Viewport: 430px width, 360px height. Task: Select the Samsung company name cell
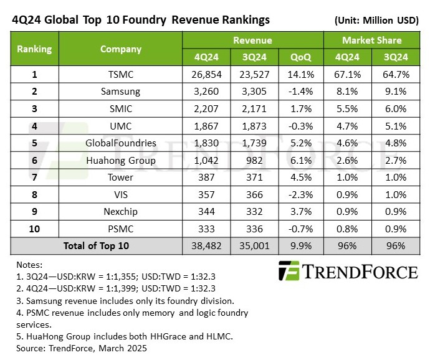(122, 92)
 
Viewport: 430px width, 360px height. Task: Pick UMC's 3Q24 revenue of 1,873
(254, 126)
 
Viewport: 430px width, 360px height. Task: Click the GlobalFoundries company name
(122, 143)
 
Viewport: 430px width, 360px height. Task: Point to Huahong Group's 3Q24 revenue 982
(254, 160)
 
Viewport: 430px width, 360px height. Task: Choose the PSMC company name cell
(122, 229)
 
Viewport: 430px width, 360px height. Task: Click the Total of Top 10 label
(96, 246)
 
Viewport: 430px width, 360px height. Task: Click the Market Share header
(371, 40)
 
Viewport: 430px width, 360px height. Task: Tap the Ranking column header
(34, 49)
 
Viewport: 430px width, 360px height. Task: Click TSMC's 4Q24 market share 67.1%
(348, 75)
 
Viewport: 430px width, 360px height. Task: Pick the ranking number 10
(34, 229)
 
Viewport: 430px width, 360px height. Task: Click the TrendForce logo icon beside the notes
(289, 272)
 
